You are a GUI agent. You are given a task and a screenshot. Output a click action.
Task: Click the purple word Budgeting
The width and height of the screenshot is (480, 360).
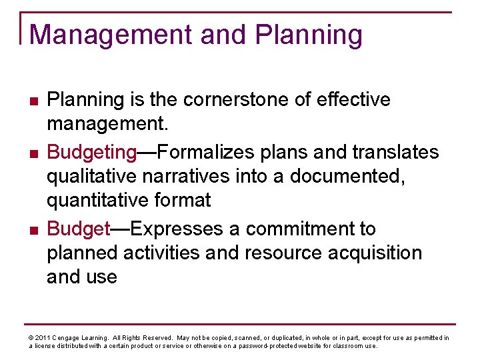point(91,153)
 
